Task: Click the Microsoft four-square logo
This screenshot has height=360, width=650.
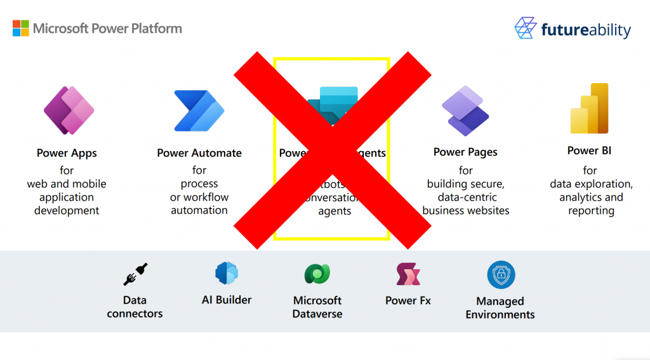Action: click(20, 29)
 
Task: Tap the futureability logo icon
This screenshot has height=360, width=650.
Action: click(526, 29)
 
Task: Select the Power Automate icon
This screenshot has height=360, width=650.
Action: click(199, 110)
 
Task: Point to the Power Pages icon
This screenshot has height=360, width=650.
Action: click(465, 110)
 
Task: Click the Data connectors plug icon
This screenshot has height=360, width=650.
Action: click(135, 274)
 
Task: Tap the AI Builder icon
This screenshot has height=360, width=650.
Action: click(226, 273)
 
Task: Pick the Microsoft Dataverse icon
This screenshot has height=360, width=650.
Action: click(317, 274)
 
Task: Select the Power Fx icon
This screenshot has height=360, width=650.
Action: click(408, 274)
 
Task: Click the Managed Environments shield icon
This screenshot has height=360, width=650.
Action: click(501, 275)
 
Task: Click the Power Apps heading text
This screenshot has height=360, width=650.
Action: click(67, 153)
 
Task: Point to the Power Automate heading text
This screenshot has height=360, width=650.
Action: click(199, 153)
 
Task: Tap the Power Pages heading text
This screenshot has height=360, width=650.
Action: click(465, 152)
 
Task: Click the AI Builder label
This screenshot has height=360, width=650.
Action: click(227, 300)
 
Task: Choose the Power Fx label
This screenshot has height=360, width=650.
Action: click(408, 300)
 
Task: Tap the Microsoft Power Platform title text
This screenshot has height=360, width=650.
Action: click(107, 29)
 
